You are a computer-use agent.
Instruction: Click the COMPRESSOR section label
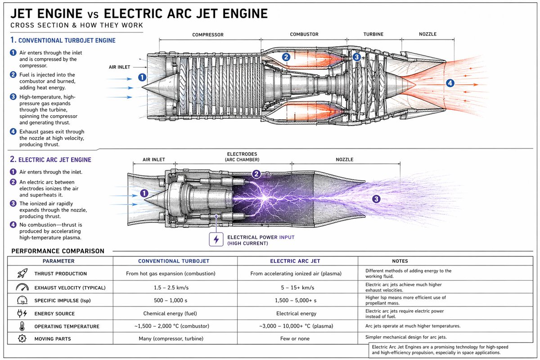tap(208, 35)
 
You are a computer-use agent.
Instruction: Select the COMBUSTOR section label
tap(304, 35)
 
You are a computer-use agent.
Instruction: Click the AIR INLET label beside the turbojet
tap(119, 67)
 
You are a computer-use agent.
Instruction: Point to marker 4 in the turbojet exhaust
tap(450, 83)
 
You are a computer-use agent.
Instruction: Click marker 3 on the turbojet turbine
tap(357, 57)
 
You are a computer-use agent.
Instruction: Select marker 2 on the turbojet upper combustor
tap(286, 57)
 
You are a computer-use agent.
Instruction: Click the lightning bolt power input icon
tap(216, 239)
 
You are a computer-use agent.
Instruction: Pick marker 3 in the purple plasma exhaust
tap(376, 199)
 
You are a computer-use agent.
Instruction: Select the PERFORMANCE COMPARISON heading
tap(58, 251)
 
